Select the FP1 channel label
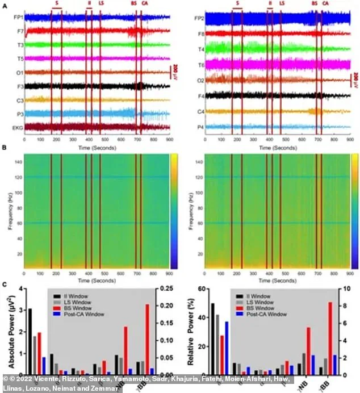[x=18, y=18]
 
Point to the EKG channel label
[x=17, y=127]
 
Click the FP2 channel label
[x=198, y=18]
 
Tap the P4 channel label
[x=200, y=127]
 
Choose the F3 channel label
[x=19, y=86]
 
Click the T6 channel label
[x=200, y=65]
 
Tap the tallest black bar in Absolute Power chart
[x=30, y=341]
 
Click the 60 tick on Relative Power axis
[x=200, y=289]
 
